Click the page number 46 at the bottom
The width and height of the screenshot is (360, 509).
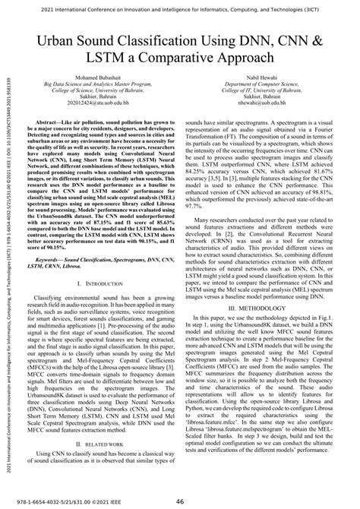[x=181, y=501]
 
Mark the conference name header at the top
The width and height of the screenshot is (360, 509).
[x=180, y=7]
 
